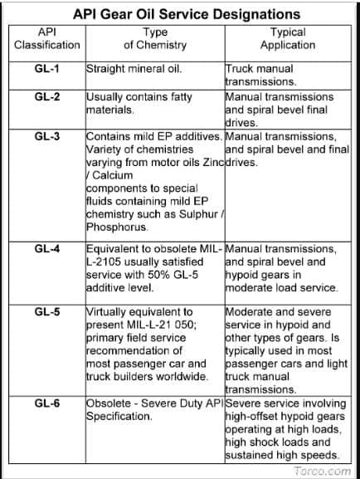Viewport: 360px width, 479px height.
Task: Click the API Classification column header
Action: pyautogui.click(x=47, y=38)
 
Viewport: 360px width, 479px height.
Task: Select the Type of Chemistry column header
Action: pyautogui.click(x=155, y=38)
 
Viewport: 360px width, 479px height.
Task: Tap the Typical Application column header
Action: pyautogui.click(x=288, y=38)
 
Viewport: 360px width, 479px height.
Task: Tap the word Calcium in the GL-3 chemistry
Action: pyautogui.click(x=113, y=176)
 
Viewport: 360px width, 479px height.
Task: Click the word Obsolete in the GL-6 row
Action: pyautogui.click(x=110, y=403)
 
